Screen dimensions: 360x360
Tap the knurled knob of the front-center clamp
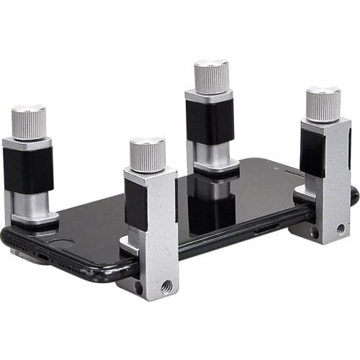pyautogui.click(x=148, y=155)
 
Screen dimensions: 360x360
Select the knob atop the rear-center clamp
pyautogui.click(x=211, y=77)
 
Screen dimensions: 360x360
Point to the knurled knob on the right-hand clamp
pyautogui.click(x=323, y=104)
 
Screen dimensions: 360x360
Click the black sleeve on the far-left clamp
pyautogui.click(x=29, y=170)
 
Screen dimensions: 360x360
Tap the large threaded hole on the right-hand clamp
pyautogui.click(x=340, y=229)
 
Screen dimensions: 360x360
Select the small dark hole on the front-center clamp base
pyautogui.click(x=139, y=287)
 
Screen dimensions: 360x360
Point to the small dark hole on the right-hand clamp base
pyautogui.click(x=315, y=233)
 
